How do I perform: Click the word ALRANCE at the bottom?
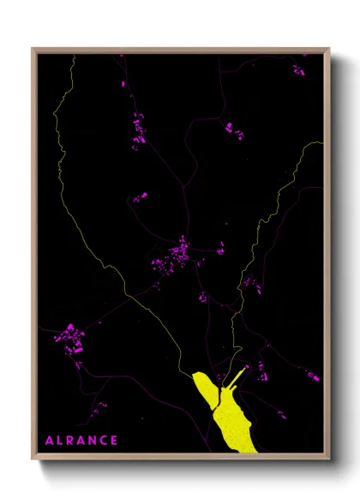click(x=81, y=441)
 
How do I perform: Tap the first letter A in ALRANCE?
click(x=49, y=441)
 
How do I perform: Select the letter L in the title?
click(x=59, y=441)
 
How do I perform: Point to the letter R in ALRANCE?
click(x=70, y=441)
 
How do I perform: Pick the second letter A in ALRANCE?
click(x=81, y=441)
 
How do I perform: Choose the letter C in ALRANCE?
click(x=104, y=441)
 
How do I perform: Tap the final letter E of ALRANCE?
click(x=114, y=441)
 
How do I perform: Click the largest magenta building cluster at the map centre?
click(x=178, y=253)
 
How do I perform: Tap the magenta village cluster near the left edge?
click(x=69, y=338)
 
